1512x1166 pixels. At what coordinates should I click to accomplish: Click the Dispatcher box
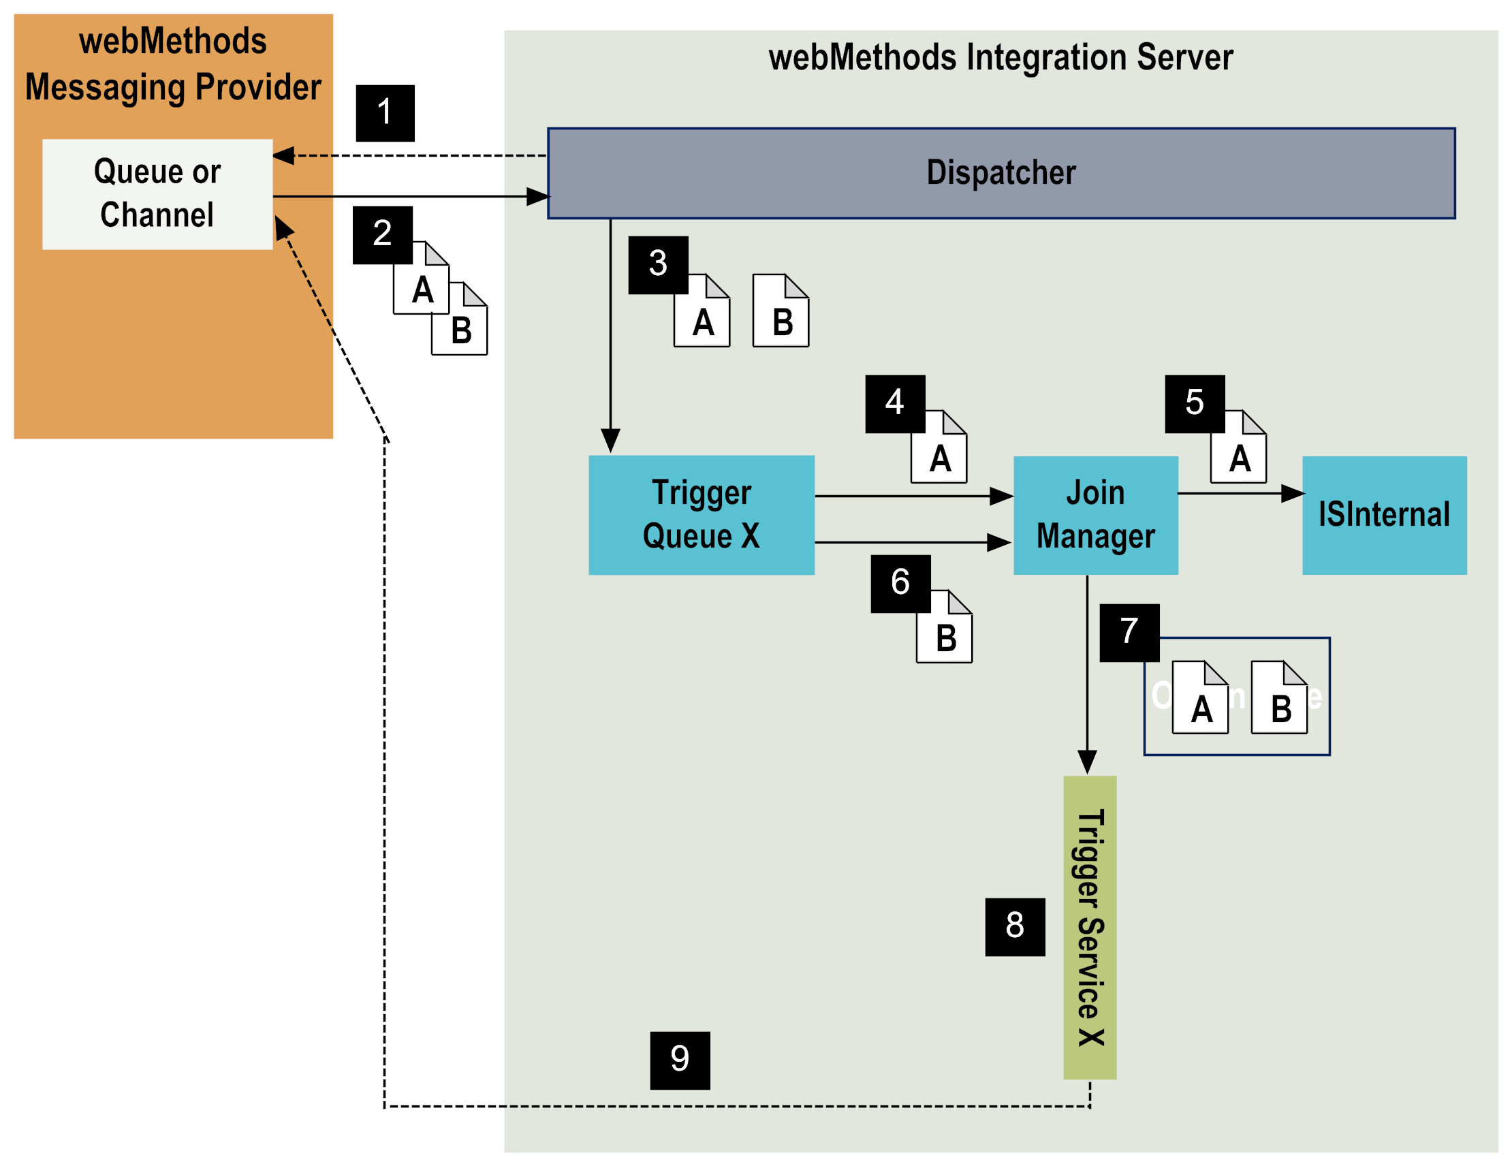1001,173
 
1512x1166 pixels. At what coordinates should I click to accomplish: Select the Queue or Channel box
157,194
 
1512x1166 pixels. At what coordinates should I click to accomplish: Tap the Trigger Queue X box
702,514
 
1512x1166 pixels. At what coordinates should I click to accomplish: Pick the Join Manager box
1095,514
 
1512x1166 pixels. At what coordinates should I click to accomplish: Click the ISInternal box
1384,514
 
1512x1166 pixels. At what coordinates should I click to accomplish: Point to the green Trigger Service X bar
1090,927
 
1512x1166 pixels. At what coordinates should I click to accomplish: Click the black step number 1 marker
385,113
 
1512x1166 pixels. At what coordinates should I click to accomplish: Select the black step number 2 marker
382,234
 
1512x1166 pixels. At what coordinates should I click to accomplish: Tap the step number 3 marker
658,264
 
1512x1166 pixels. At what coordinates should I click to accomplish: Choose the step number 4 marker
894,404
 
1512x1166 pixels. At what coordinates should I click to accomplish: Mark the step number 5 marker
1194,404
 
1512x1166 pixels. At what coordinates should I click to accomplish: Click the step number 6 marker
900,583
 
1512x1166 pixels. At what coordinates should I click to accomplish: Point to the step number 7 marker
1129,632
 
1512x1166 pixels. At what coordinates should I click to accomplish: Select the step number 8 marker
1015,926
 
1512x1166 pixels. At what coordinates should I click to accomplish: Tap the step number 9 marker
680,1060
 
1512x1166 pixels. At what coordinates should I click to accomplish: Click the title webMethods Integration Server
1001,57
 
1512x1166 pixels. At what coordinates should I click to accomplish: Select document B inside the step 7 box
1279,698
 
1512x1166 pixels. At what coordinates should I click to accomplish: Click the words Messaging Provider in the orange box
173,88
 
